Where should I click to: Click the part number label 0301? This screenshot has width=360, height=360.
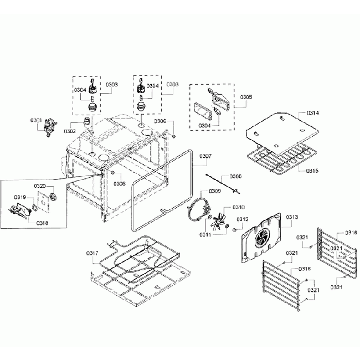click(36, 120)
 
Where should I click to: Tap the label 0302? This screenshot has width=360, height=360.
click(70, 131)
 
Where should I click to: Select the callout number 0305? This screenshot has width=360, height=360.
click(246, 96)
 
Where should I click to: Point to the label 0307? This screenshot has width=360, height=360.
click(204, 156)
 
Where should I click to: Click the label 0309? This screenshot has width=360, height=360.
click(214, 191)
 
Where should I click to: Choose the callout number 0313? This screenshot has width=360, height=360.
click(291, 218)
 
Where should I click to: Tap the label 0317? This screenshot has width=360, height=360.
click(92, 253)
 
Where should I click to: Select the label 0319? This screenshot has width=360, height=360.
click(20, 197)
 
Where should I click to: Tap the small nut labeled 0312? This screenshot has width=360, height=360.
click(235, 229)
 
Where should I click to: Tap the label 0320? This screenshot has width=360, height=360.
click(40, 186)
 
